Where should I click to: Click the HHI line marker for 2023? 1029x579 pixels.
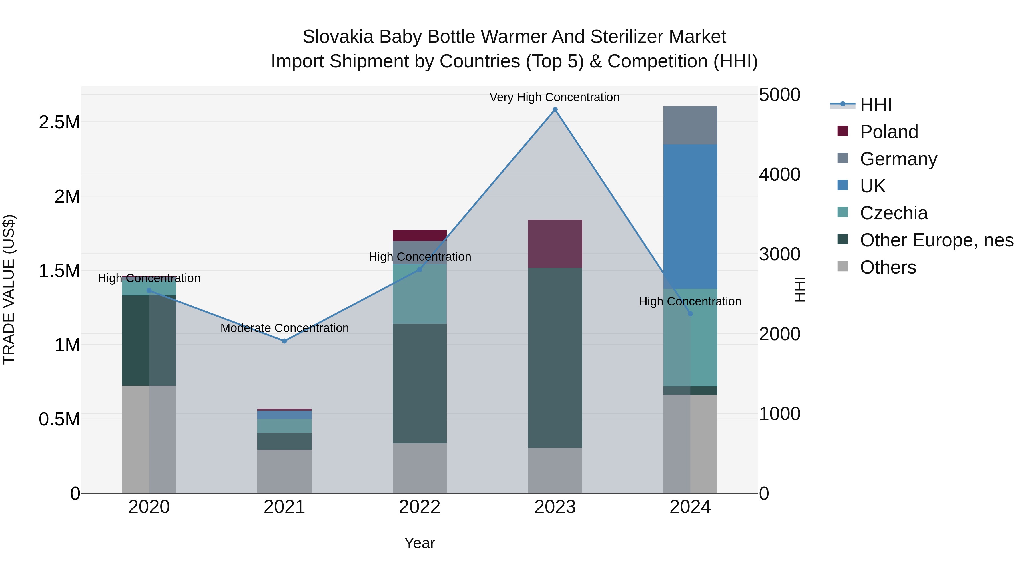555,110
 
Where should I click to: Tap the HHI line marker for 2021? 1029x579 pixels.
284,341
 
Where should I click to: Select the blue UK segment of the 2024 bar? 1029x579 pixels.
690,216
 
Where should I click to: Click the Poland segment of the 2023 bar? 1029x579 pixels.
555,244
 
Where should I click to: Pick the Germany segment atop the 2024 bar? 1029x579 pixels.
690,125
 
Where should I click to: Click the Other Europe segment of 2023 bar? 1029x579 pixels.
555,358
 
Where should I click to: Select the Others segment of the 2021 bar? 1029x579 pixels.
284,471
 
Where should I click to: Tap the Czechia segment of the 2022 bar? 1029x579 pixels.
419,294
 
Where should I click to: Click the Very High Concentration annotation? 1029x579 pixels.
555,97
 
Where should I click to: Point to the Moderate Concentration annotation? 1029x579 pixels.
284,328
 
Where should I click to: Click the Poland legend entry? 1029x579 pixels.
889,132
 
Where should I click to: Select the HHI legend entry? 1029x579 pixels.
875,105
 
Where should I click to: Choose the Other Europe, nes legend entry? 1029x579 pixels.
936,240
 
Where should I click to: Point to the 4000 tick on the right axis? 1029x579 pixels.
779,175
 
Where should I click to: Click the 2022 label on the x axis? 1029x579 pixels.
419,507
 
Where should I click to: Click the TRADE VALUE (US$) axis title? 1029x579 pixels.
9,289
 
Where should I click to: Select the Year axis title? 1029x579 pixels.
419,543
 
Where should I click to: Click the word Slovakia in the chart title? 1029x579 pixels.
338,37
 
